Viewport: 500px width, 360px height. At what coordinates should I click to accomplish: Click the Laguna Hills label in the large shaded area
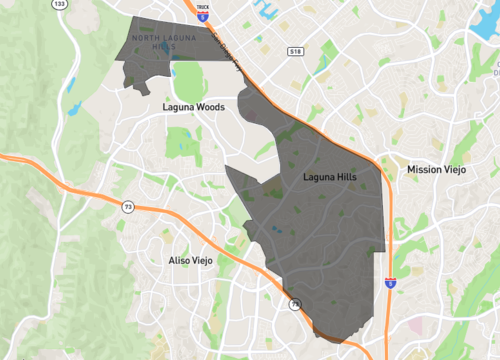(329, 176)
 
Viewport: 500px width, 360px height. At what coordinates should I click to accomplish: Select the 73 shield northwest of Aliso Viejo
(128, 207)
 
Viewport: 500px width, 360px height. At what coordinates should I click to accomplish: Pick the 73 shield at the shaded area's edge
(294, 304)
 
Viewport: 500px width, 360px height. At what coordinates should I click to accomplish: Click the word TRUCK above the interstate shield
(203, 6)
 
